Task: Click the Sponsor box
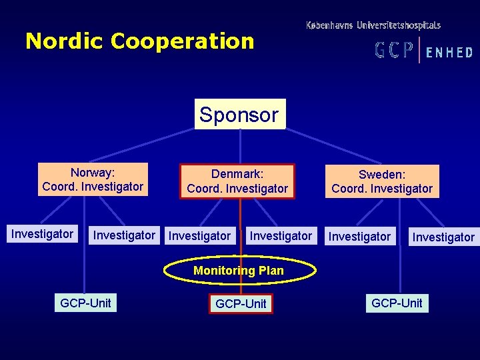tap(239, 114)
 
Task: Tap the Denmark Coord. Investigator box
tap(237, 181)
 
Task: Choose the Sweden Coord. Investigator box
tap(382, 181)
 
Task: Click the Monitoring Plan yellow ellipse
tap(239, 271)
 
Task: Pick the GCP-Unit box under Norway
tap(85, 303)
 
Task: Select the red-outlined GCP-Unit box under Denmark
tap(241, 303)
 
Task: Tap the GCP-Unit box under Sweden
tap(397, 303)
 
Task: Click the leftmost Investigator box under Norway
tap(42, 234)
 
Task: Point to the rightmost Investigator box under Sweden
tap(443, 237)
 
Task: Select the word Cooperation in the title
tap(183, 41)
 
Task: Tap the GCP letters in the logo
tap(394, 51)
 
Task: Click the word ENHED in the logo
tap(449, 52)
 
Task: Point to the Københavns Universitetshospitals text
tap(373, 25)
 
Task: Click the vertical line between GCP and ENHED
tap(419, 50)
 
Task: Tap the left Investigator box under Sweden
tap(360, 236)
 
